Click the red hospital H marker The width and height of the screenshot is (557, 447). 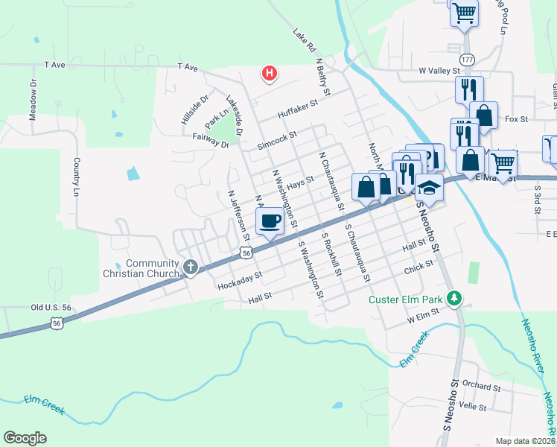point(270,73)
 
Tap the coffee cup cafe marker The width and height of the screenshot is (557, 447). point(270,221)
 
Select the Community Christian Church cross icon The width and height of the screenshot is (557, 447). point(190,267)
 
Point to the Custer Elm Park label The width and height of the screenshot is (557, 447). point(406,300)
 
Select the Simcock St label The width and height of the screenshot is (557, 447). point(276,139)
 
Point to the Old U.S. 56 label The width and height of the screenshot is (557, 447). point(51,307)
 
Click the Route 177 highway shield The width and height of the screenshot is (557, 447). point(467,59)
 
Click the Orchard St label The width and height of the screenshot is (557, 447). point(481,387)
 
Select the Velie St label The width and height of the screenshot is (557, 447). point(473,408)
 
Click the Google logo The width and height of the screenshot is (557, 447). point(25,438)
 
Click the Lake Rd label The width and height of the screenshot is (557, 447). point(304,40)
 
